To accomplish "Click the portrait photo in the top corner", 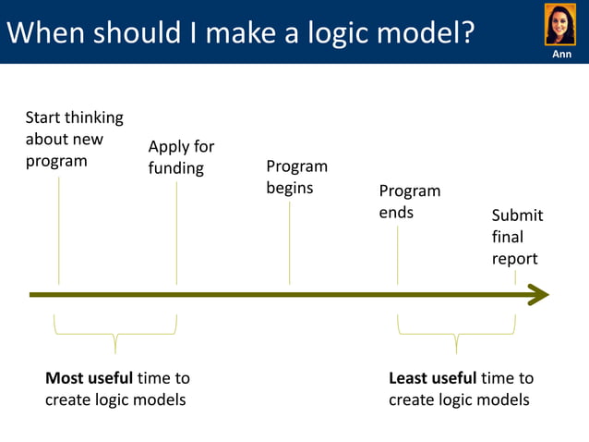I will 560,24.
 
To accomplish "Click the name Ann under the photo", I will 561,55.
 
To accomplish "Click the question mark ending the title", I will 467,33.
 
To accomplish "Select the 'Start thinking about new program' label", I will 74,140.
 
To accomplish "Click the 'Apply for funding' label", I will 181,157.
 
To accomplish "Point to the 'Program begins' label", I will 296,177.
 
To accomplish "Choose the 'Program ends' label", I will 409,202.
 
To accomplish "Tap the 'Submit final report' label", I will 517,237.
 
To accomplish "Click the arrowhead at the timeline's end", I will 538,295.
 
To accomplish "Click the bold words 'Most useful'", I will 90,378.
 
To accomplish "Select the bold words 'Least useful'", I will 433,378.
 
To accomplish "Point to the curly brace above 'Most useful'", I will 115,333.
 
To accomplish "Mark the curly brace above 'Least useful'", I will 456,333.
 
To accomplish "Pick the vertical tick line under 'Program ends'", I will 398,254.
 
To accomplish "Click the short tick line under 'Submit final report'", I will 515,277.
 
